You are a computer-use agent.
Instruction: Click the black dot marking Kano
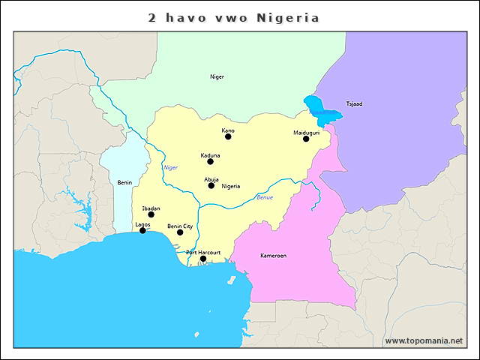[x=228, y=136]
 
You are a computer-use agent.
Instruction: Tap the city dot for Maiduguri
[x=306, y=139]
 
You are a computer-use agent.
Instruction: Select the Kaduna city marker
[x=210, y=161]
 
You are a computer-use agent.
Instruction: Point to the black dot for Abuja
[x=211, y=185]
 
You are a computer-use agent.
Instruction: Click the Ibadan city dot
[x=151, y=214]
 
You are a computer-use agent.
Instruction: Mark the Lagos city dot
[x=142, y=230]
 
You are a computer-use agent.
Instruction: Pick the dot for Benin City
[x=180, y=232]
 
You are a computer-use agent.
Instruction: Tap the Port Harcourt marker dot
[x=203, y=259]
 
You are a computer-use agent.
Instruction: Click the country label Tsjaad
[x=354, y=103]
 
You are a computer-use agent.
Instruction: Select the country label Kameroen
[x=273, y=256]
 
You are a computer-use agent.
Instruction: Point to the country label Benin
[x=124, y=182]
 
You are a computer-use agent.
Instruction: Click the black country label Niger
[x=217, y=76]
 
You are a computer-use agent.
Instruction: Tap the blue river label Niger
[x=171, y=167]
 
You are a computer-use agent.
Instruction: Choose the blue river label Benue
[x=265, y=197]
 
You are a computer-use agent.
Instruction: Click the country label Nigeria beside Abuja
[x=231, y=186]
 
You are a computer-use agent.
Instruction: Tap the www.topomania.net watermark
[x=424, y=340]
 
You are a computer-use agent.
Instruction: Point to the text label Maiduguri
[x=306, y=132]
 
